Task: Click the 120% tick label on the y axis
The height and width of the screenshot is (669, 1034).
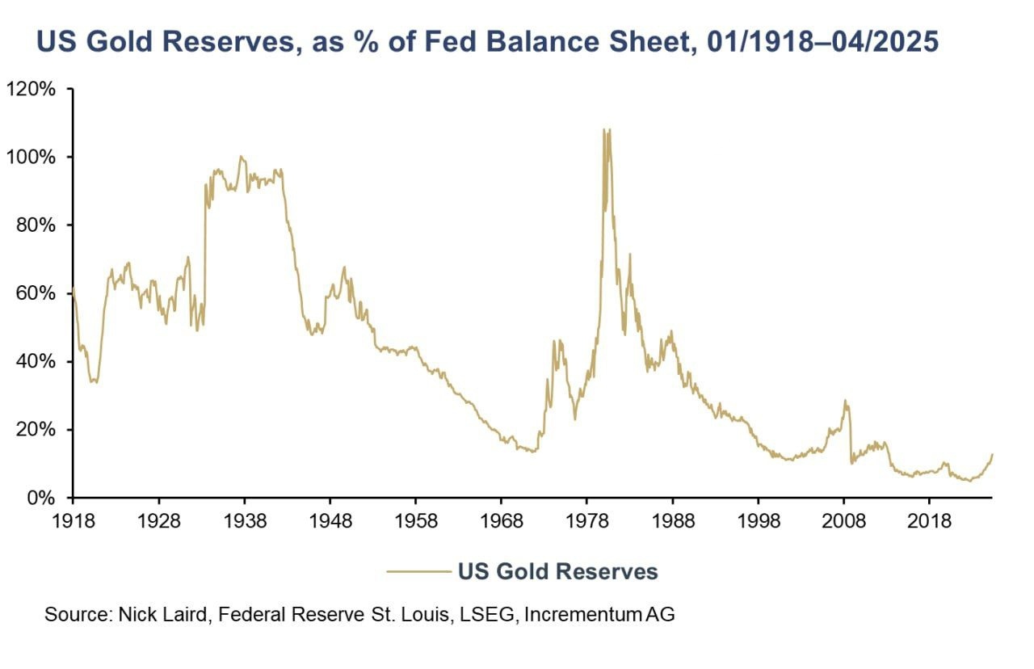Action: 32,89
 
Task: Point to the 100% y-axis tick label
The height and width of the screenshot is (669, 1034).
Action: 32,157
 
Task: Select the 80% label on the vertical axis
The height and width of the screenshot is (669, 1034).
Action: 36,225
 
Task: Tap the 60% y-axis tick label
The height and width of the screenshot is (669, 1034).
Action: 36,293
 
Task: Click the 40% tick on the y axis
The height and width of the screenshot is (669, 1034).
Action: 36,361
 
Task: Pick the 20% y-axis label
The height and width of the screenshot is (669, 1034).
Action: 36,429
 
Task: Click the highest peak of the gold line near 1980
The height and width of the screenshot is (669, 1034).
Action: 604,129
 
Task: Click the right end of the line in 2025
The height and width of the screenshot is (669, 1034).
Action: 992,455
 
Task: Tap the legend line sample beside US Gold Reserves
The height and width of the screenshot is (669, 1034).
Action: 418,572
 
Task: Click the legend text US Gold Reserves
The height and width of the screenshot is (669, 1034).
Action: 558,572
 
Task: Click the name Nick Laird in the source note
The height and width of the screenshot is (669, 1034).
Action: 157,614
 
